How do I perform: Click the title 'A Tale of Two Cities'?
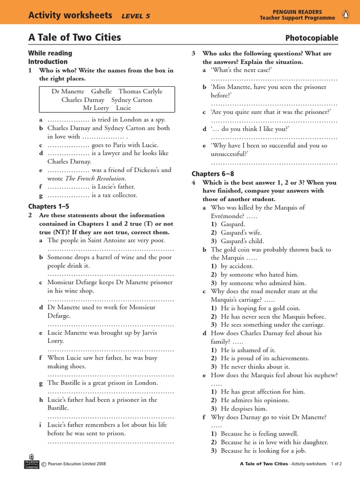pyautogui.click(x=75, y=37)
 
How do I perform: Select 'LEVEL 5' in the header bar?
pyautogui.click(x=135, y=16)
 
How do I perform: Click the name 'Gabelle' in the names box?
pyautogui.click(x=101, y=91)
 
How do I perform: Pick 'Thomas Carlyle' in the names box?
pyautogui.click(x=140, y=91)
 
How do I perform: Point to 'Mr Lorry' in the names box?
pyautogui.click(x=96, y=108)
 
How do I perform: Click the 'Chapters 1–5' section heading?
pyautogui.click(x=48, y=206)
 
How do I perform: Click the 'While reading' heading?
pyautogui.click(x=50, y=53)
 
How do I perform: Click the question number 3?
pyautogui.click(x=194, y=53)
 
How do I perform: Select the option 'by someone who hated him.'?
pyautogui.click(x=259, y=275)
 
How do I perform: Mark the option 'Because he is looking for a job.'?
pyautogui.click(x=263, y=450)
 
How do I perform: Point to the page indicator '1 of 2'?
pyautogui.click(x=336, y=464)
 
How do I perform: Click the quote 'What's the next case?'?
pyautogui.click(x=242, y=70)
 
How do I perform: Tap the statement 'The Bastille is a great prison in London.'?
pyautogui.click(x=103, y=382)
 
